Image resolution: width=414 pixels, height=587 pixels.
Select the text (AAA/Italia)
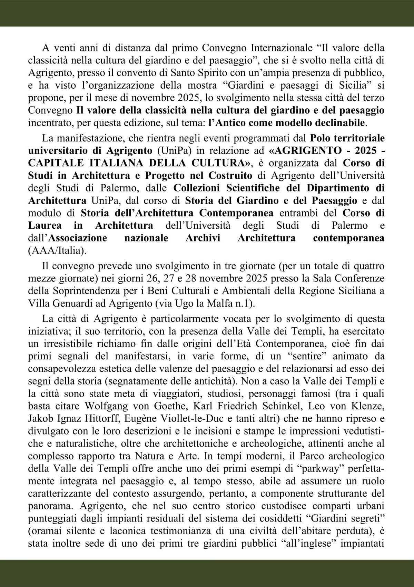pos(57,251)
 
